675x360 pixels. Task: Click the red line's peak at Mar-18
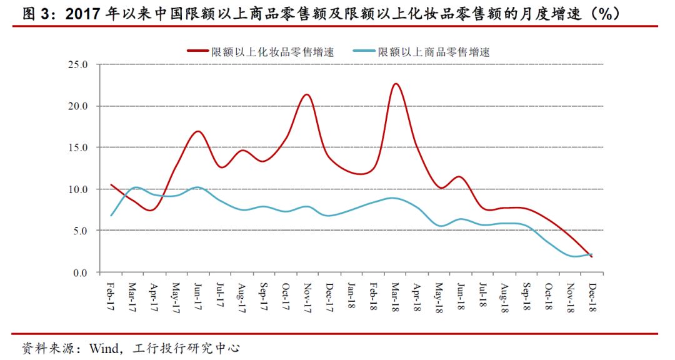click(x=395, y=84)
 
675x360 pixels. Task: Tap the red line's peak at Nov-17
click(x=307, y=94)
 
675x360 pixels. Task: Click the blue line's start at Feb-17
click(x=111, y=216)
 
